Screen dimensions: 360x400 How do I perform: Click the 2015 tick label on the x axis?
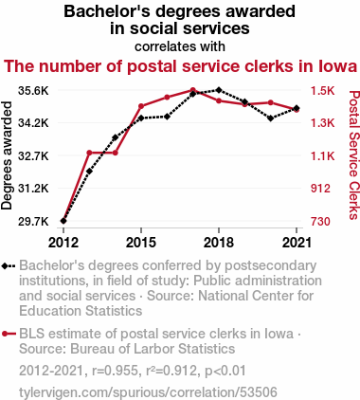pos(141,243)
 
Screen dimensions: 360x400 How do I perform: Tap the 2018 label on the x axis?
pos(219,243)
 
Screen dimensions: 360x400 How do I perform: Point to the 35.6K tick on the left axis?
pos(33,91)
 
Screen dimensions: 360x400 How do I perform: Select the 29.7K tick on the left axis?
pos(33,221)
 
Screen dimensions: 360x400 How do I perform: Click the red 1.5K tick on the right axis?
pos(322,91)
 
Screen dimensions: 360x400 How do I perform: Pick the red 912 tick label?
pos(320,189)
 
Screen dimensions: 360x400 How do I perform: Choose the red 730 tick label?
pos(320,221)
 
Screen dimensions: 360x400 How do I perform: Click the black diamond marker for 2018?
pos(219,90)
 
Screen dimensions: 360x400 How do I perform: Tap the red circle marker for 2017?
pos(193,90)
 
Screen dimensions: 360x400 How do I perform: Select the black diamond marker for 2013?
pos(89,172)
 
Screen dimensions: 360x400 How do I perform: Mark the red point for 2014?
pos(116,153)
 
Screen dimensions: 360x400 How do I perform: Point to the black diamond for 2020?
pos(270,118)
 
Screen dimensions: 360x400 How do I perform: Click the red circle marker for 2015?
pos(141,106)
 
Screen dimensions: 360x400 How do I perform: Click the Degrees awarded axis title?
pos(7,155)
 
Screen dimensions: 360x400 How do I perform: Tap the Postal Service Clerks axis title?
pos(354,155)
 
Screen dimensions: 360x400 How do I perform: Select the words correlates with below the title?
pos(180,46)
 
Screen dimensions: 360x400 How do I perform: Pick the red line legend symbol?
pos(9,334)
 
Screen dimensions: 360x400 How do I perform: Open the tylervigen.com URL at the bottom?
pos(148,392)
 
